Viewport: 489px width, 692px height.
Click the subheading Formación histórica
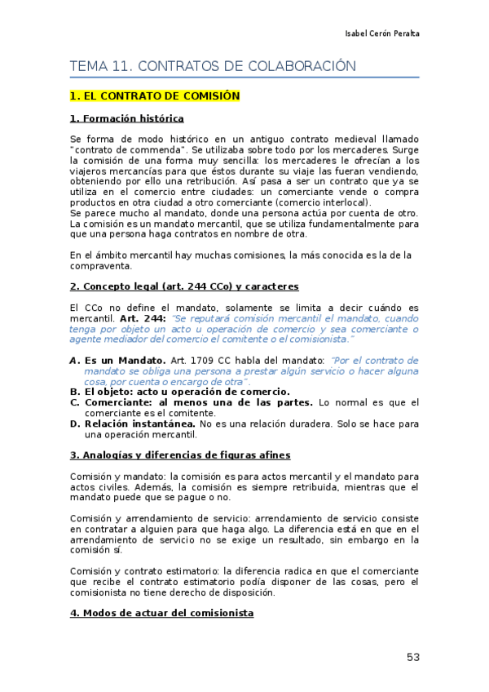click(126, 118)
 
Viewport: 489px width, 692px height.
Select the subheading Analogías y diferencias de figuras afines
click(180, 455)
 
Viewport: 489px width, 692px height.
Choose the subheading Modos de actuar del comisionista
click(161, 613)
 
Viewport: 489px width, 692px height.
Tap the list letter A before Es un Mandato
click(73, 360)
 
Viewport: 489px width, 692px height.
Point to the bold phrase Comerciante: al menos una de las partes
click(198, 402)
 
